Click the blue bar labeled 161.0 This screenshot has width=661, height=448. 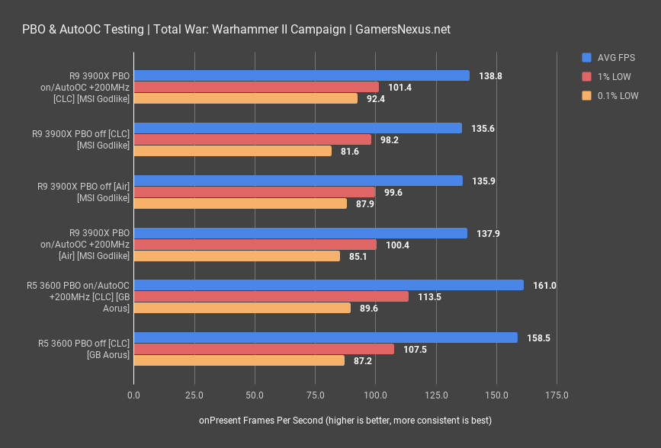[x=329, y=285]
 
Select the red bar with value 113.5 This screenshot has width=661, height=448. [x=271, y=296]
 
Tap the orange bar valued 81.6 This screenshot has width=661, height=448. [x=233, y=151]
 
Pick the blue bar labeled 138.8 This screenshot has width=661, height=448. [x=301, y=75]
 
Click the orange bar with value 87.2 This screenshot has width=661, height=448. [x=239, y=360]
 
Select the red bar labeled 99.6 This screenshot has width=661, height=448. [x=254, y=192]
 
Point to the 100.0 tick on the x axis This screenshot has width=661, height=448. [x=375, y=395]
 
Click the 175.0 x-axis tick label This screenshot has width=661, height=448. [x=557, y=395]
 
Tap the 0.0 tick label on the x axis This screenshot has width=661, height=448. [x=134, y=395]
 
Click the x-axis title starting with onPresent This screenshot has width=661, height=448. [x=345, y=421]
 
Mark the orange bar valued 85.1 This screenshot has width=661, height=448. [x=236, y=256]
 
